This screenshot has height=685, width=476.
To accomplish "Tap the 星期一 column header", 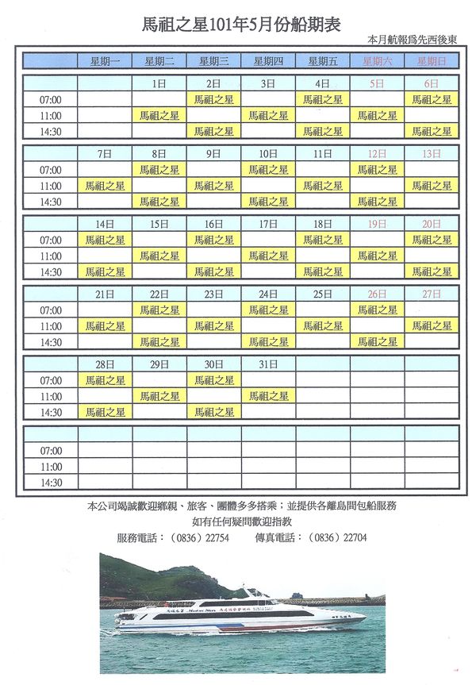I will [105, 60].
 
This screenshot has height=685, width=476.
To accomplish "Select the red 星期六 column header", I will [377, 60].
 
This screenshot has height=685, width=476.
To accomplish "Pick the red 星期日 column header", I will [432, 60].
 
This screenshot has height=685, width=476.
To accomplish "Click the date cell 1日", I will [159, 83].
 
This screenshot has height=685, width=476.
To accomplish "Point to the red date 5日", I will [377, 83].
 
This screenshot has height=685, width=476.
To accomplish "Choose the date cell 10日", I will [268, 153].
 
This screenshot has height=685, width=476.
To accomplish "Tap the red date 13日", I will [432, 153].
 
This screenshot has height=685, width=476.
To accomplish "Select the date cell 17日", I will [268, 224].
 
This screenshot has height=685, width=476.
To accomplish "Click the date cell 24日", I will [268, 294].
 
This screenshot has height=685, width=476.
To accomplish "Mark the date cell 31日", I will [268, 364].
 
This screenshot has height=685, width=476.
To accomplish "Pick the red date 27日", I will [432, 294].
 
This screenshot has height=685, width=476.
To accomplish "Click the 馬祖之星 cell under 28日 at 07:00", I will [105, 380].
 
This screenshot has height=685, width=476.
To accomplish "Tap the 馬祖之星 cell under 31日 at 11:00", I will [268, 396].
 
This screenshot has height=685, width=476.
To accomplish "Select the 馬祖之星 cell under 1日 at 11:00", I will [159, 115].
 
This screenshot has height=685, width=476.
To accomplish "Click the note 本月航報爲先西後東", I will [418, 39].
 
